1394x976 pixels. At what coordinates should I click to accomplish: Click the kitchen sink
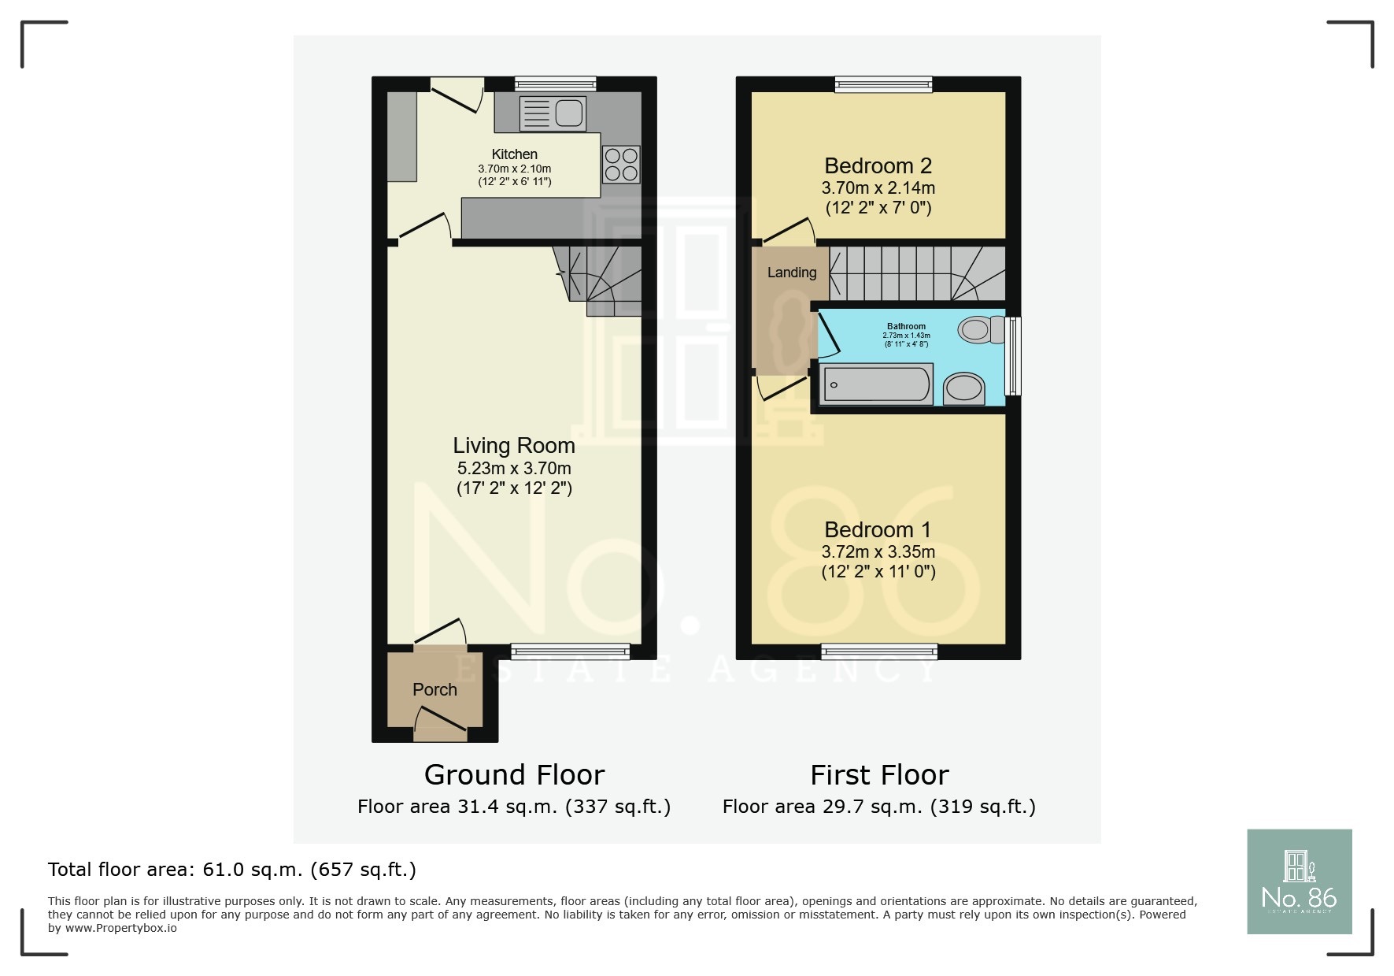tap(553, 113)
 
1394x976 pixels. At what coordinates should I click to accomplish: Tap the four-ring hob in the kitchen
tap(621, 165)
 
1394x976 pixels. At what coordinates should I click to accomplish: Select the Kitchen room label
tap(514, 154)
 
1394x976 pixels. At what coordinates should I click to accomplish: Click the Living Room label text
tap(514, 446)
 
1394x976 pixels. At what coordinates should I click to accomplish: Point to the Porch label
tap(434, 690)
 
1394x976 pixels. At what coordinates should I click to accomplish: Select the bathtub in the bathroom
tap(875, 385)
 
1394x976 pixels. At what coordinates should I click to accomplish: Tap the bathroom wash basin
tap(963, 388)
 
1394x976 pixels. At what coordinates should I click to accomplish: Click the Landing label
tap(792, 273)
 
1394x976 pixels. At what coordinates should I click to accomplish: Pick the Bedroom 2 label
tap(878, 166)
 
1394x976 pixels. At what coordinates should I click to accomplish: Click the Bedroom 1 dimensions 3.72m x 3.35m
tap(878, 552)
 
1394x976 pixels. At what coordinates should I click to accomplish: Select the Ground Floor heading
tap(514, 775)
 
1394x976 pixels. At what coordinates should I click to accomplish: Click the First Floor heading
tap(879, 775)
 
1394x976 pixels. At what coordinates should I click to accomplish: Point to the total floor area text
tap(231, 870)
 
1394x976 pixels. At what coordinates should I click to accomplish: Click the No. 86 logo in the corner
tap(1299, 881)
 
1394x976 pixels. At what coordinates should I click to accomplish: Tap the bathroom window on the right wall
tap(1015, 355)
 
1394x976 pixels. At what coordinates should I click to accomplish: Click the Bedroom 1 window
tap(878, 651)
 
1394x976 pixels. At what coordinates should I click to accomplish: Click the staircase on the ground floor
tap(602, 280)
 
